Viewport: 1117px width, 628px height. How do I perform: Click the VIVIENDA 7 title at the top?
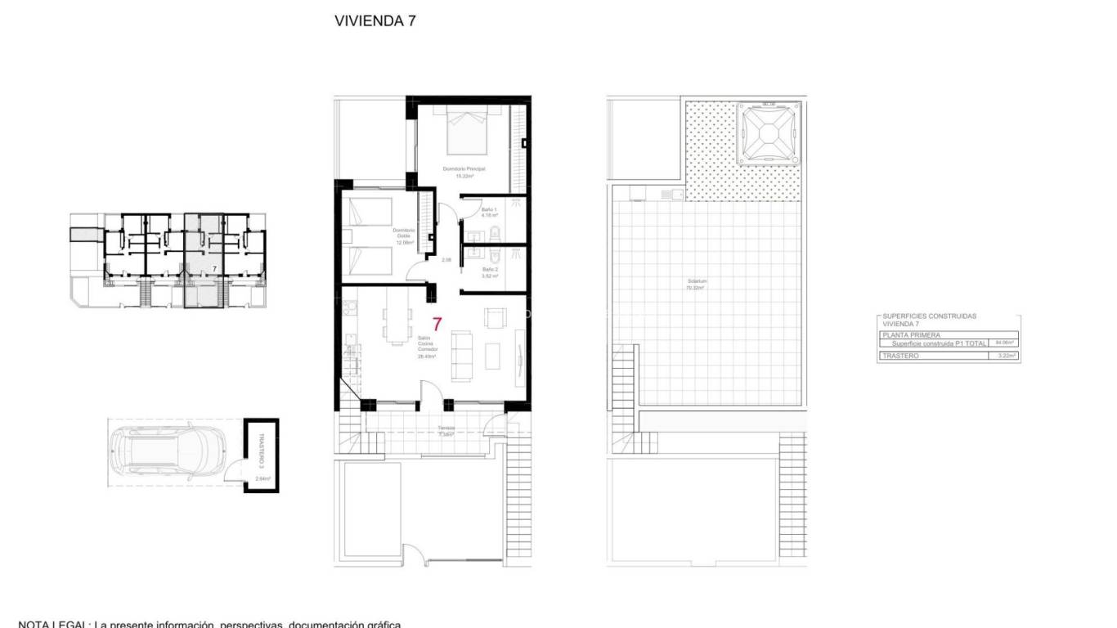375,22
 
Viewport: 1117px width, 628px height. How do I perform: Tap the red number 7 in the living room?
437,324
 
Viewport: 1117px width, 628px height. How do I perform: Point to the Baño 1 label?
489,211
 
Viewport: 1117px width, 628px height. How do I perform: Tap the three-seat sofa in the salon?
461,357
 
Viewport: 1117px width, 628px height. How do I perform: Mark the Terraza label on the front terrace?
446,429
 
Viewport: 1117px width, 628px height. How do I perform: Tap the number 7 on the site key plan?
213,268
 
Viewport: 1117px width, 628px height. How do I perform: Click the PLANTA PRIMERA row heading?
911,335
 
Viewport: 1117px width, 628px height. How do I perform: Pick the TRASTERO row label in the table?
900,357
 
